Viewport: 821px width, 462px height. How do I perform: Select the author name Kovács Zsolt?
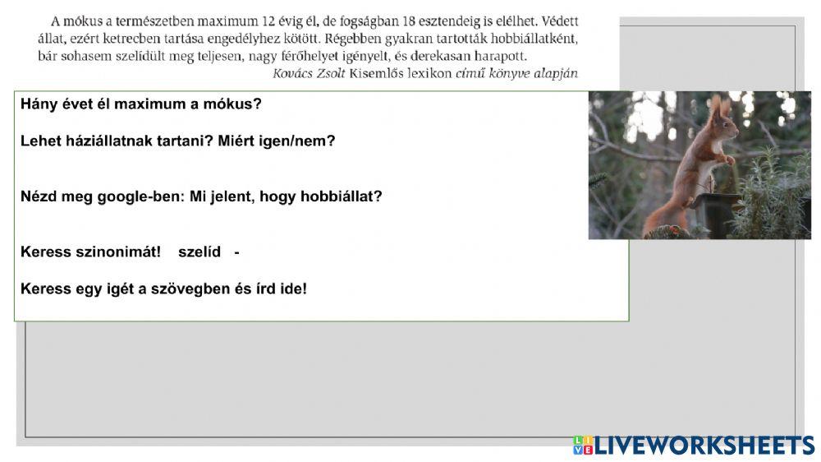click(308, 73)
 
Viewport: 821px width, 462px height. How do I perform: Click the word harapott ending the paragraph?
click(500, 56)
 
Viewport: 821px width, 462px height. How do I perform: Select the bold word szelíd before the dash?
click(200, 252)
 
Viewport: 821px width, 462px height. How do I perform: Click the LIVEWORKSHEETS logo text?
click(704, 445)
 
